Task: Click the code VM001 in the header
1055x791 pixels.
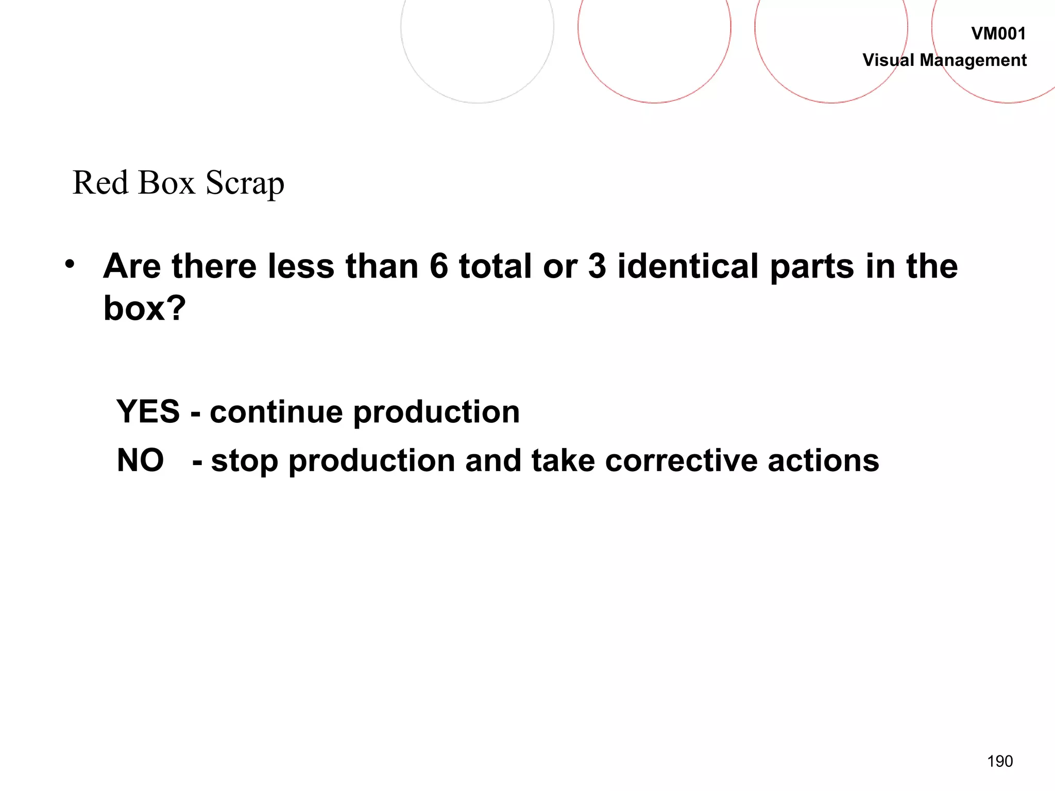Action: (998, 34)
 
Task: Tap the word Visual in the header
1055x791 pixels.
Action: (888, 60)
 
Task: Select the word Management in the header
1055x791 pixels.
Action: (973, 61)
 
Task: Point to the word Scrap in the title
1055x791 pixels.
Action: (245, 184)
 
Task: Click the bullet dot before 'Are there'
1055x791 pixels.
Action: (70, 264)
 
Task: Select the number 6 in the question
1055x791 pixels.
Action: (438, 266)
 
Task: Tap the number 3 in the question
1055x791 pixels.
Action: (597, 266)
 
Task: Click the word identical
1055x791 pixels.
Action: (688, 266)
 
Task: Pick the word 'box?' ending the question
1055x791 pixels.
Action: (144, 308)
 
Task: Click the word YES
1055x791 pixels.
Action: (148, 411)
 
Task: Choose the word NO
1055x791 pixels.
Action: (140, 460)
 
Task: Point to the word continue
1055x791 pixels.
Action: (276, 412)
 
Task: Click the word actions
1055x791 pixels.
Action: (823, 460)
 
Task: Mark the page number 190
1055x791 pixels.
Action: (1000, 761)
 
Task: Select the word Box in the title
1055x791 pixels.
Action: (166, 183)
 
